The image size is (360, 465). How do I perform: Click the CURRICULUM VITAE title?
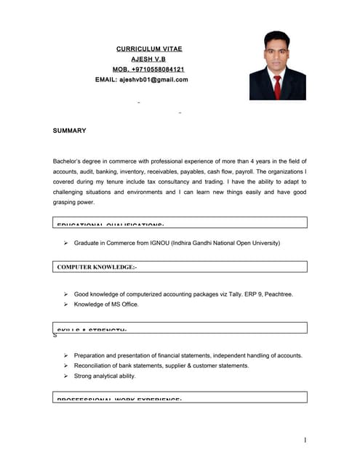tap(149, 49)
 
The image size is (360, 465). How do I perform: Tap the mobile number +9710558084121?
tap(162, 69)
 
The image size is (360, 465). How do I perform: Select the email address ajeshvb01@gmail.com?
tap(154, 80)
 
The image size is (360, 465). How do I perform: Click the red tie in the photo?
tap(277, 86)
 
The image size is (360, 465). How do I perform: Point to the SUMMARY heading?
tap(70, 131)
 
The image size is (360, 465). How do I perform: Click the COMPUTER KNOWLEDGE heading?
tap(97, 267)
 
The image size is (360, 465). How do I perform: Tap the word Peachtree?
tap(277, 294)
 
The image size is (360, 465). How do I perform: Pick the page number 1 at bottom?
tap(305, 440)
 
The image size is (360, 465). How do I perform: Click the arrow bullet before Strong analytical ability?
tap(65, 376)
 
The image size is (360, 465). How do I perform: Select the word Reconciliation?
tap(97, 365)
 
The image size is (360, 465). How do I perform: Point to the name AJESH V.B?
tap(148, 59)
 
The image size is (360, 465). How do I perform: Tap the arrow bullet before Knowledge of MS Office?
tap(65, 304)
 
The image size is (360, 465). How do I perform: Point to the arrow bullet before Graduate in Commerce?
tap(65, 243)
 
